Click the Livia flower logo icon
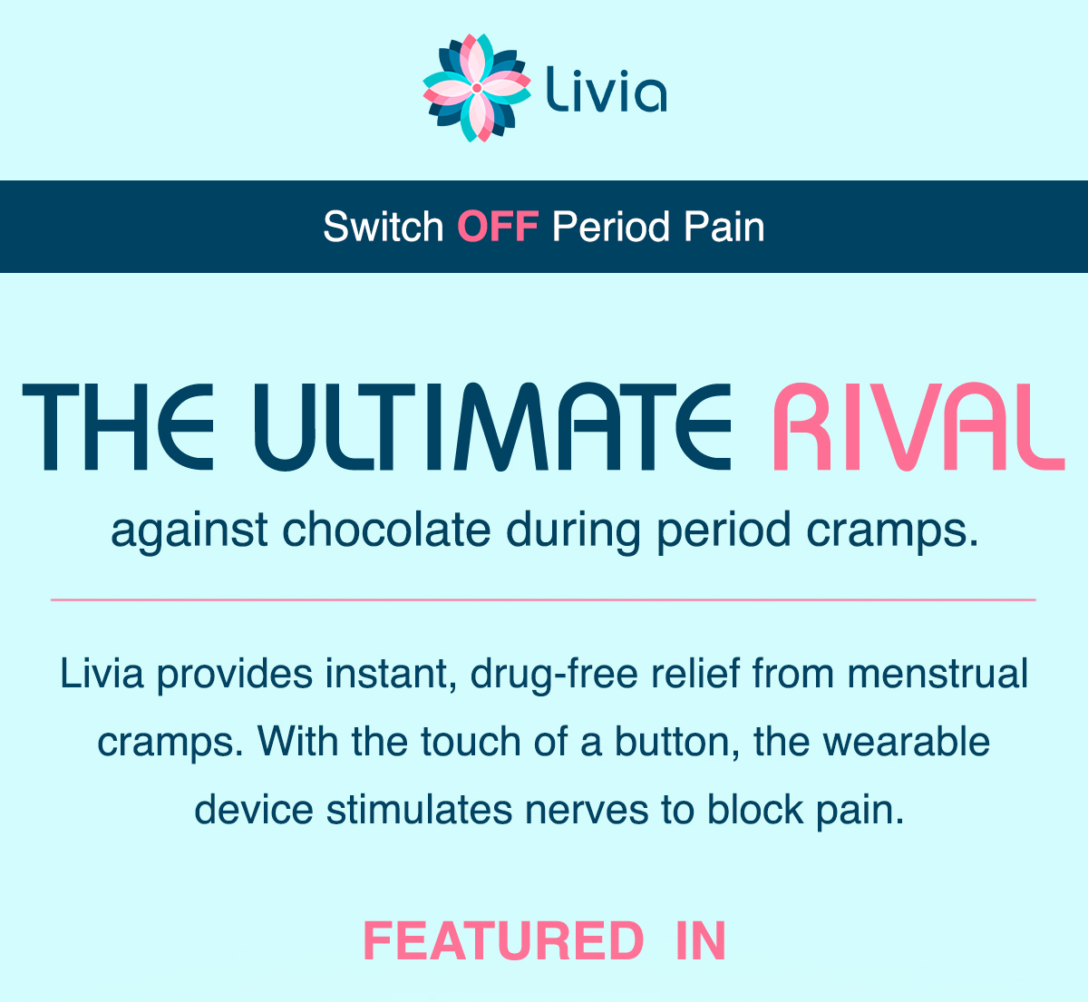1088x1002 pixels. pos(477,88)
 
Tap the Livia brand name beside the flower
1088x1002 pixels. pos(607,90)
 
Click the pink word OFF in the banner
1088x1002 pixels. pos(498,226)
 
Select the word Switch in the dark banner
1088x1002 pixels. pos(384,226)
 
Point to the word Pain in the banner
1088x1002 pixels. pos(724,226)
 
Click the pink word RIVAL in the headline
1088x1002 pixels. pos(918,426)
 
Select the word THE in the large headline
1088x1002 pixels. pos(118,426)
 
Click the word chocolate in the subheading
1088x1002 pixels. pos(387,530)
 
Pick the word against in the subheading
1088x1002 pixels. pos(189,532)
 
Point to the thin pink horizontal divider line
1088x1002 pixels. pos(543,600)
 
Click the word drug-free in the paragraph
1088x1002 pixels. pos(554,675)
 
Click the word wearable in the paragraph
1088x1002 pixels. pos(907,742)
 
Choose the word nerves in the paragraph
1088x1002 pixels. pos(587,810)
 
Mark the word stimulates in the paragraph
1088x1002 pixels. pos(419,809)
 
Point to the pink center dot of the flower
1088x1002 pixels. pos(477,88)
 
